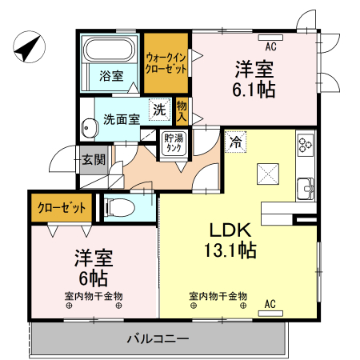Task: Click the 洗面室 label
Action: tap(122, 119)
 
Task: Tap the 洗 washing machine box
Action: tap(159, 108)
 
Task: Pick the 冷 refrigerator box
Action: tap(235, 142)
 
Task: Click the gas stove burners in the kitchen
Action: tap(306, 145)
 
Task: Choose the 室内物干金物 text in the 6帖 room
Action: tap(94, 296)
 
